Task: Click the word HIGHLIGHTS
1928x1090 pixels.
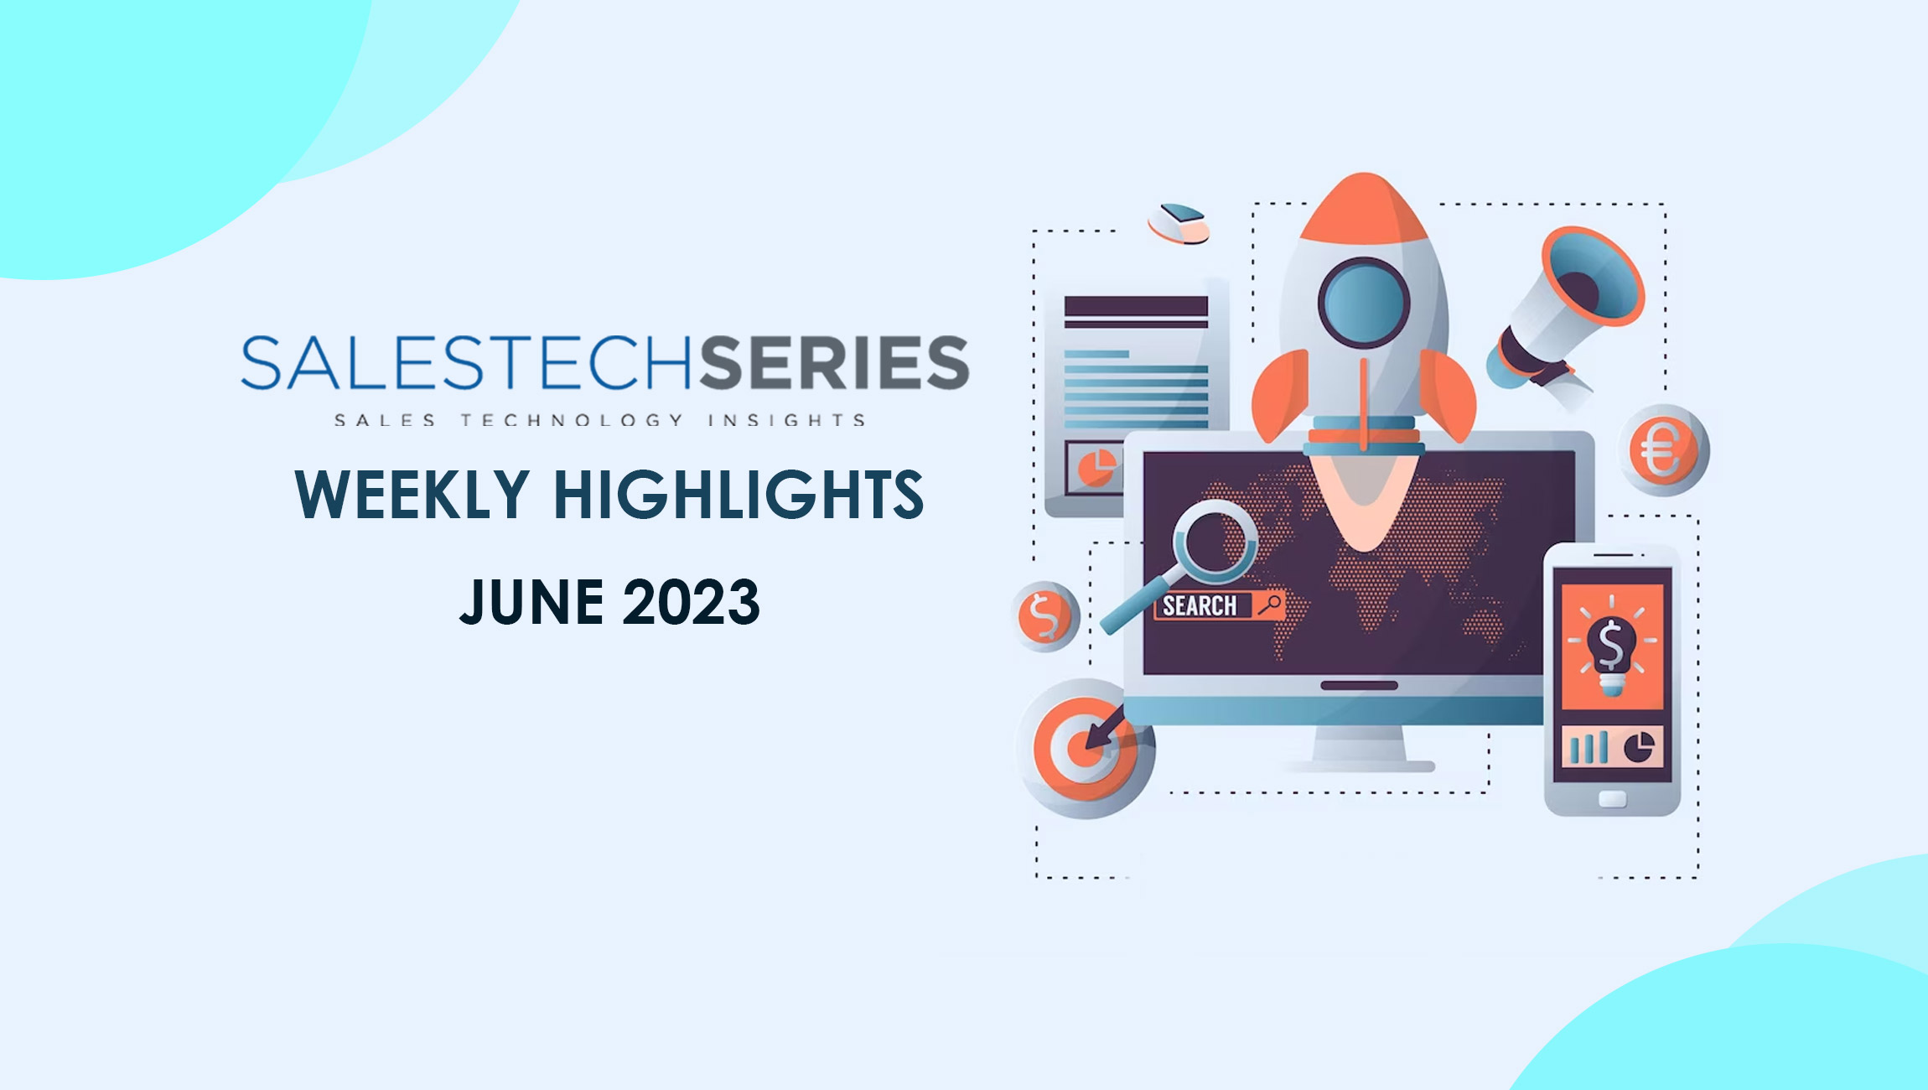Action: coord(739,494)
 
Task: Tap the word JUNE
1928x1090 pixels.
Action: coord(531,602)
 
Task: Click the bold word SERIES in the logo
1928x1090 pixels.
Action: coord(835,362)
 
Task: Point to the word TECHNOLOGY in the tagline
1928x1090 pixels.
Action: coord(573,420)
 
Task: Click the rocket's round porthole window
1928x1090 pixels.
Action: coord(1364,302)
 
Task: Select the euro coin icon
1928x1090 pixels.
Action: coord(1663,450)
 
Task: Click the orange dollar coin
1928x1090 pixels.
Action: coord(1045,616)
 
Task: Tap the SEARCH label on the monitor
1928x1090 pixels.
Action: coord(1200,605)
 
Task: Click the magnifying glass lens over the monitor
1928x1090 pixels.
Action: coord(1214,542)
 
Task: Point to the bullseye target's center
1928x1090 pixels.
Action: coord(1084,747)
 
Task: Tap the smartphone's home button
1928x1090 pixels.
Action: coord(1612,799)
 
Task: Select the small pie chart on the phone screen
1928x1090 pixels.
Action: coord(1640,747)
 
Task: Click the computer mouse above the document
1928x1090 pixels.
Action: coord(1179,224)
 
